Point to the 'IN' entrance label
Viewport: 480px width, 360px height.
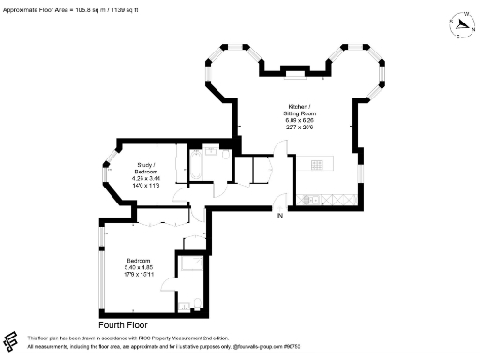[x=278, y=217]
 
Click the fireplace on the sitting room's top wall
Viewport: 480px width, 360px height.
[x=292, y=67]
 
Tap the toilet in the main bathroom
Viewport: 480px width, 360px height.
[x=210, y=149]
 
